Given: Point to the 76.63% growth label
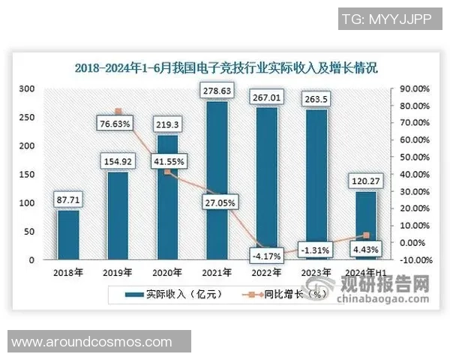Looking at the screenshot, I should coord(118,123).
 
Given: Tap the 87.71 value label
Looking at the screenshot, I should coord(68,201).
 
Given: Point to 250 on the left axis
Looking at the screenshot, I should coord(27,117).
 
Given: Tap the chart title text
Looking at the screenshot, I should coord(225,67).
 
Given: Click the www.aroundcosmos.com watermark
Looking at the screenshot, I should coord(91,341).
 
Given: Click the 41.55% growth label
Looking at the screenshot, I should coord(168,160).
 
